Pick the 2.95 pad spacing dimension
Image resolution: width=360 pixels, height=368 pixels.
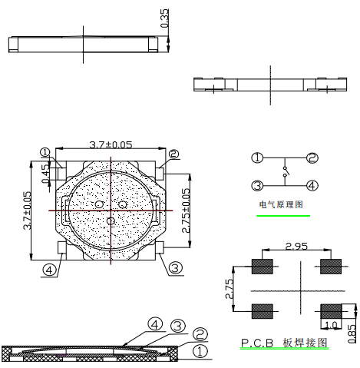pyautogui.click(x=297, y=247)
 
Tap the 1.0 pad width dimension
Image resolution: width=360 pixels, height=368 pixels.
pyautogui.click(x=331, y=325)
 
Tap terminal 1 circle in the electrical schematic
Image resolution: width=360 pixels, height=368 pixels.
pyautogui.click(x=258, y=158)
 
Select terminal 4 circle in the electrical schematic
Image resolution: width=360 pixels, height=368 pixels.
pyautogui.click(x=312, y=185)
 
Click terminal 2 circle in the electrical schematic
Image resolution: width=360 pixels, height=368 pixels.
pyautogui.click(x=312, y=158)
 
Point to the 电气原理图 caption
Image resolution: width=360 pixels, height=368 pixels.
pyautogui.click(x=282, y=206)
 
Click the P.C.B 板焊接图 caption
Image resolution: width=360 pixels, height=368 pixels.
pyautogui.click(x=283, y=343)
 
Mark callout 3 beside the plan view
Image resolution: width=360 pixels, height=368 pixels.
pyautogui.click(x=175, y=268)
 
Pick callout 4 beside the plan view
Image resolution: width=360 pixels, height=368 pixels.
pyautogui.click(x=49, y=270)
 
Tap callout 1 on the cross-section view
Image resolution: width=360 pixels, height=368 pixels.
pyautogui.click(x=200, y=351)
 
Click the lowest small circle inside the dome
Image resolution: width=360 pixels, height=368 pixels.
pyautogui.click(x=111, y=221)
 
